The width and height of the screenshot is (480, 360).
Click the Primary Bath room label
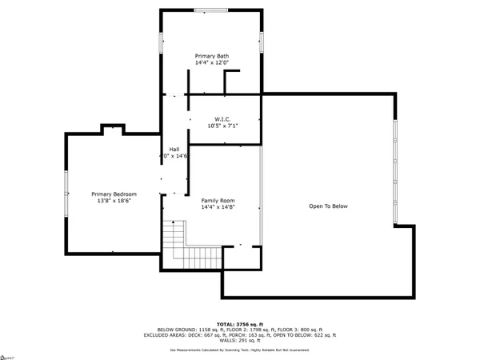(x=212, y=55)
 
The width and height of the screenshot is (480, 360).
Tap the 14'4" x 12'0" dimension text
(x=212, y=62)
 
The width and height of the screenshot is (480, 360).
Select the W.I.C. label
(x=223, y=118)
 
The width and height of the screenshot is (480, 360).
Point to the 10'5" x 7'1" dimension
(x=223, y=126)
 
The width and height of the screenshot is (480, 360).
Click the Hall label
(x=174, y=149)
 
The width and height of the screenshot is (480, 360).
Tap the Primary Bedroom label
(x=114, y=194)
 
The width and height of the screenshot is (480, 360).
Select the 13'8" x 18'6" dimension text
(x=114, y=202)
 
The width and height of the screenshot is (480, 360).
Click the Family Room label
(x=218, y=200)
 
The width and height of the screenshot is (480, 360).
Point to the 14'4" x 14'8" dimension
(x=218, y=207)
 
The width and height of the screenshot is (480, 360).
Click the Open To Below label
(x=329, y=206)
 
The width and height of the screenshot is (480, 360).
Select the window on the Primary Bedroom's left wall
(x=66, y=193)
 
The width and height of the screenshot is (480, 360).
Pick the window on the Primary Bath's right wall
(x=262, y=42)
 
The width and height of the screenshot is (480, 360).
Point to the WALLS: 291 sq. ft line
(x=240, y=341)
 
